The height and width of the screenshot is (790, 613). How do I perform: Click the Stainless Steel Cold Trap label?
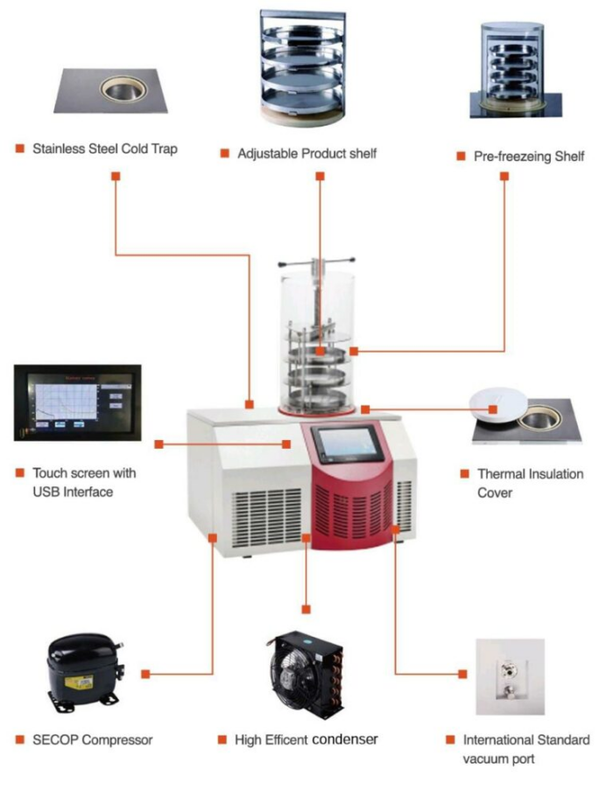point(104,149)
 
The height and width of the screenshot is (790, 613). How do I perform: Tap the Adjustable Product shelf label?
point(306,154)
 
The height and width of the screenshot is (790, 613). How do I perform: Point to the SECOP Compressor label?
point(92,740)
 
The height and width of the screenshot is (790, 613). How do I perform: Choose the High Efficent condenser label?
point(306,740)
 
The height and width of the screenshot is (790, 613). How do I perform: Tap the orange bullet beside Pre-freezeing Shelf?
point(460,157)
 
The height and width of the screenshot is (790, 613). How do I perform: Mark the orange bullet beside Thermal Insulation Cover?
point(463,474)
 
